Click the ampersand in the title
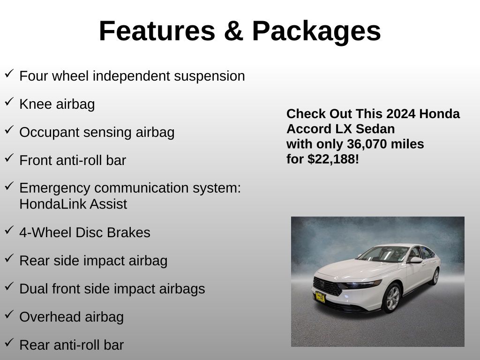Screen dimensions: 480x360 click(233, 31)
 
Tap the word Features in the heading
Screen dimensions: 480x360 click(157, 31)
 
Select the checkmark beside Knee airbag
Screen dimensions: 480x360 click(9, 102)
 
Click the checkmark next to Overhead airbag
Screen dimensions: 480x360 click(9, 315)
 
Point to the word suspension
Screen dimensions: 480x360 click(210, 76)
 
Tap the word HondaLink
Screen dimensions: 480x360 click(52, 204)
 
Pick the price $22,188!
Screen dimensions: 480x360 click(333, 159)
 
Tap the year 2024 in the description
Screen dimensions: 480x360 click(396, 114)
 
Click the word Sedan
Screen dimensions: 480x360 click(375, 129)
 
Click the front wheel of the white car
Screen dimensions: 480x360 click(392, 298)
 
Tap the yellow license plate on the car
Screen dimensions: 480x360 click(320, 297)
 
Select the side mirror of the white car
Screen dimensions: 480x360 click(415, 260)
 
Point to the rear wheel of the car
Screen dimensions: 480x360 click(435, 277)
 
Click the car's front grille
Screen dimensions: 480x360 click(327, 286)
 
